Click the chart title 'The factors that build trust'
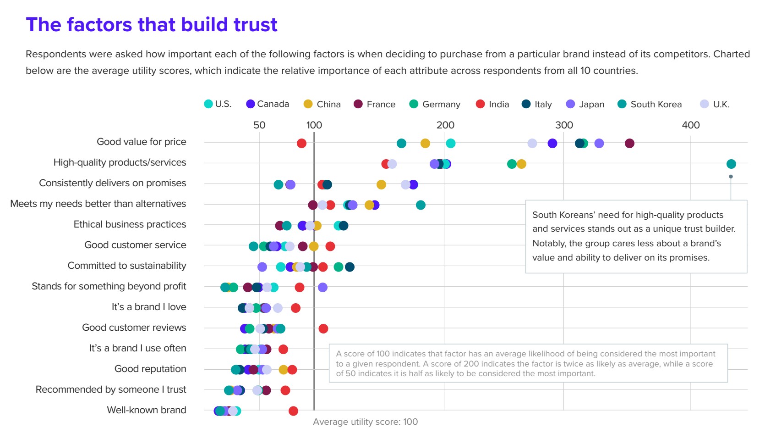152,25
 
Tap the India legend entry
492,104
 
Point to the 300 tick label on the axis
564,125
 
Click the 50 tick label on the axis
259,125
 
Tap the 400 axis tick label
690,125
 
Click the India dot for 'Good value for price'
301,144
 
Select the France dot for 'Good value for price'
629,144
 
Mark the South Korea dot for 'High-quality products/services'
731,164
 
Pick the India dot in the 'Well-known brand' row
293,411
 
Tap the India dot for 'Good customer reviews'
323,328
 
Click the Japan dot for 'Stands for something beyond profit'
322,287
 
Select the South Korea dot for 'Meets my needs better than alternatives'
421,205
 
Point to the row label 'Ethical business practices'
130,224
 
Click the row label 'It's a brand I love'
149,307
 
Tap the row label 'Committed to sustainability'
127,266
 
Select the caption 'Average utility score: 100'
365,422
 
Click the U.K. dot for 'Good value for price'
532,144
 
